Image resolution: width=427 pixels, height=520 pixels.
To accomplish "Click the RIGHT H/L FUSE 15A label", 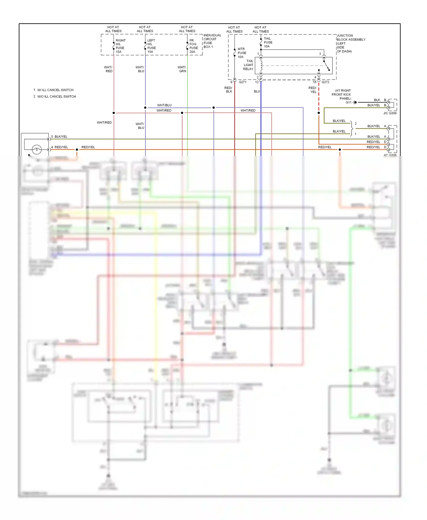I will [120, 46].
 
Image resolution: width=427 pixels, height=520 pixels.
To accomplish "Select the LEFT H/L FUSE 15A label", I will [151, 46].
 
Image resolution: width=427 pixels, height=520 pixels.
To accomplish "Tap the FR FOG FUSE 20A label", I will [194, 46].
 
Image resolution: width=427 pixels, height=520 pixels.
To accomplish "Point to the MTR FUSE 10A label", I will [242, 53].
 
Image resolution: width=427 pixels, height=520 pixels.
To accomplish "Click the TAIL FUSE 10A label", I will [268, 42].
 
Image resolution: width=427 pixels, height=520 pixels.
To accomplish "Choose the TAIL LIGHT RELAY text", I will [249, 65].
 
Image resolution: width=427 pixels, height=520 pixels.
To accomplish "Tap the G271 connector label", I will [243, 82].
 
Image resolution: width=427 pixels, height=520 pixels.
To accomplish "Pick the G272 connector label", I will [325, 82].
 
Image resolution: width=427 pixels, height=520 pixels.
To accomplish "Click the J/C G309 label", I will [390, 113].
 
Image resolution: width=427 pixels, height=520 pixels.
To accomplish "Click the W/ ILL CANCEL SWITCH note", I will [55, 90].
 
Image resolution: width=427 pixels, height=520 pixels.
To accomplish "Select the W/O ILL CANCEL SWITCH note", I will [56, 96].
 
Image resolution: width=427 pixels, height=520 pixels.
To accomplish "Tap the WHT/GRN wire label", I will [182, 69].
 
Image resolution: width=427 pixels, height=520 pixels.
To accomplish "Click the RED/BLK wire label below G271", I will [229, 90].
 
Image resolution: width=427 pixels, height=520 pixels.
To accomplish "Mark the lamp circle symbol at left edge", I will [37, 149].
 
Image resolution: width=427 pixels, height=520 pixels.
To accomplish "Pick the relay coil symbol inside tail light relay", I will [261, 65].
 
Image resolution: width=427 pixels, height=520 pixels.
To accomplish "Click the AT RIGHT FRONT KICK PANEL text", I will [342, 94].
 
